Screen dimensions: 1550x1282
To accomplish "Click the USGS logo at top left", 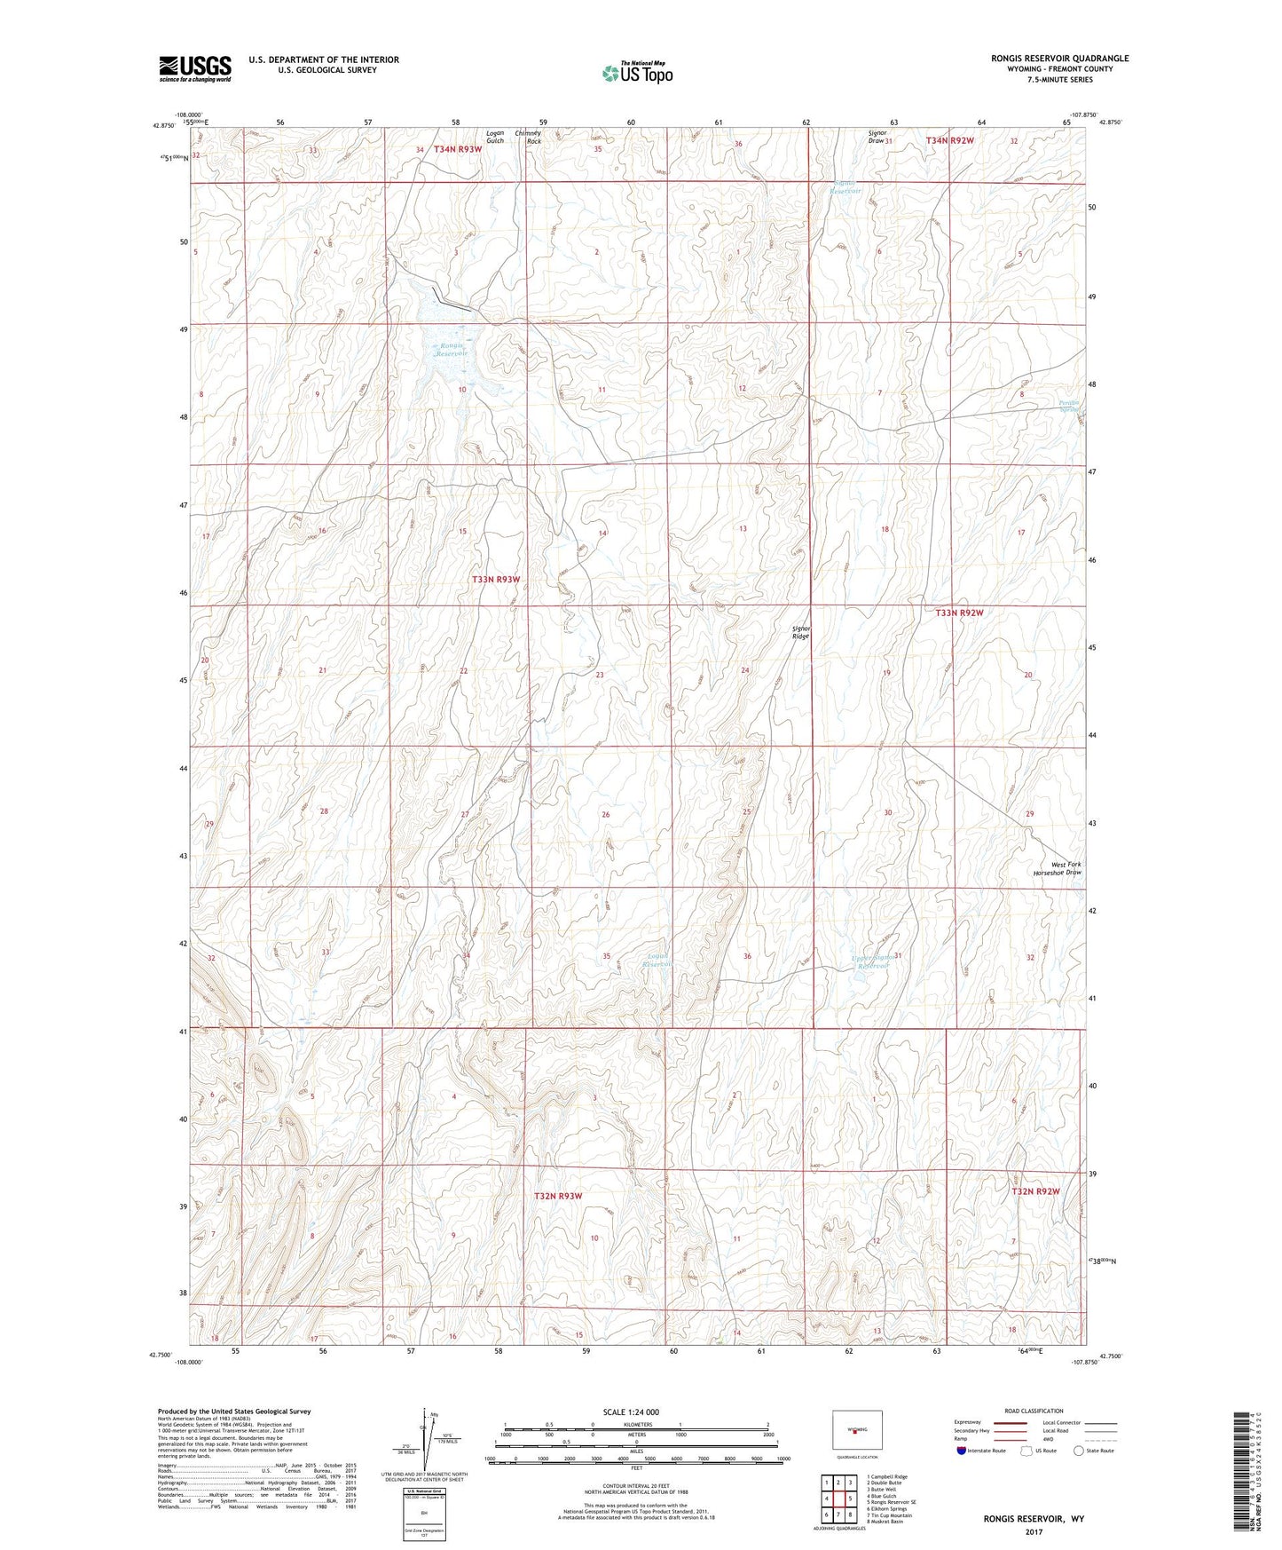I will tap(195, 67).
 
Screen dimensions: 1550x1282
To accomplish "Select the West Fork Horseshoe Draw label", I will tap(1066, 868).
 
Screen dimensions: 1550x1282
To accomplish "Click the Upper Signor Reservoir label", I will tap(869, 961).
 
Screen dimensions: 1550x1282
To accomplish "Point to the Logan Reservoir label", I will tap(657, 960).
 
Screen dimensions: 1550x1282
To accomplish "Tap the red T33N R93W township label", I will tap(495, 579).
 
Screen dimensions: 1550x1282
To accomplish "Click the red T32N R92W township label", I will tap(1035, 1191).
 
